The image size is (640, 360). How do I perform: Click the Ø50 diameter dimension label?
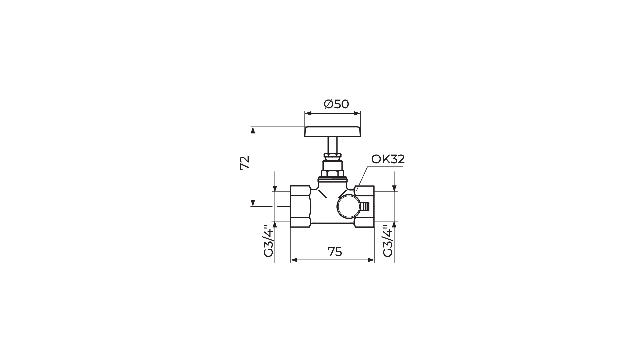point(336,104)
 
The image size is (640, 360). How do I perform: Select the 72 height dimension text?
point(245,163)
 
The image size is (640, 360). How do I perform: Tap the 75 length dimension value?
point(335,252)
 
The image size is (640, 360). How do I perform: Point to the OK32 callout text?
point(388,159)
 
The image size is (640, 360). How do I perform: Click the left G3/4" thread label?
point(268,241)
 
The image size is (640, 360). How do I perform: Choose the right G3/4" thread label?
point(388,241)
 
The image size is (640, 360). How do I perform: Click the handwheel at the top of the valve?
point(333,132)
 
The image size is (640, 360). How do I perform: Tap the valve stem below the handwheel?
point(333,145)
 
